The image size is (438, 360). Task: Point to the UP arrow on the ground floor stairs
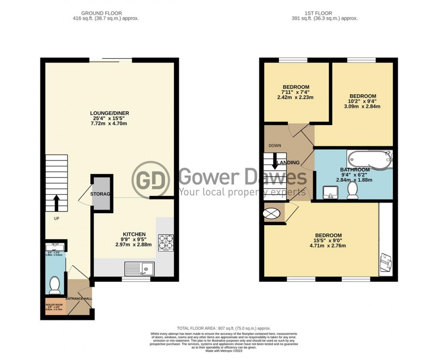point(56,202)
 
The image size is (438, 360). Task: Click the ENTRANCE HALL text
point(79,298)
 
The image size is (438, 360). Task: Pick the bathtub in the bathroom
point(369,159)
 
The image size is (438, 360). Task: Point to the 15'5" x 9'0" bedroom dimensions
point(328,241)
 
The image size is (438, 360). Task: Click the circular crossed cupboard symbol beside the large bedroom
point(274,214)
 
